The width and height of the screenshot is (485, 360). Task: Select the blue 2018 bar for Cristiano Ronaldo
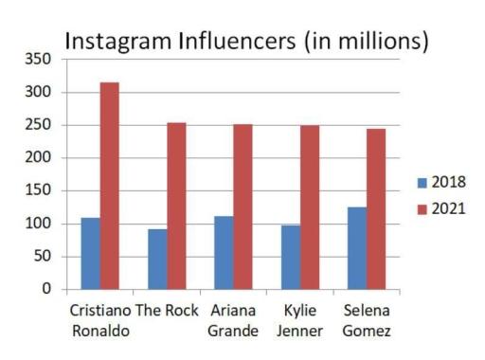pos(90,253)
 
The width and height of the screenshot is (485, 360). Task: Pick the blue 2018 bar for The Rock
pos(157,259)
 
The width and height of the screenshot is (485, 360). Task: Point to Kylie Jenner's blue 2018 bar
pos(291,257)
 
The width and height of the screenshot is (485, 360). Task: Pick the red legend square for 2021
pos(422,208)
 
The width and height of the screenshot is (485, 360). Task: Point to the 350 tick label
pos(38,60)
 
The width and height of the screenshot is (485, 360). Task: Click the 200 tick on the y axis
pos(38,158)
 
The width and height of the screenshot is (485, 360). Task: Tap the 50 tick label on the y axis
pos(42,257)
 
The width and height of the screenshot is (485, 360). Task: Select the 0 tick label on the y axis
pos(45,290)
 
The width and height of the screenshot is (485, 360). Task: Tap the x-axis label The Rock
pos(168,311)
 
